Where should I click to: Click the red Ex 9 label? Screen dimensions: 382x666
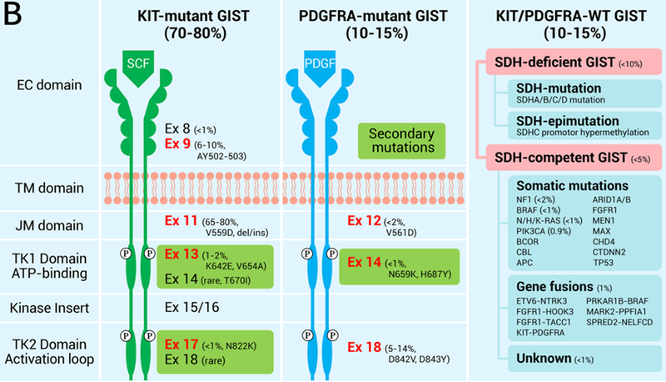[173, 144]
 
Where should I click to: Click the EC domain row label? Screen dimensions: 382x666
[52, 83]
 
